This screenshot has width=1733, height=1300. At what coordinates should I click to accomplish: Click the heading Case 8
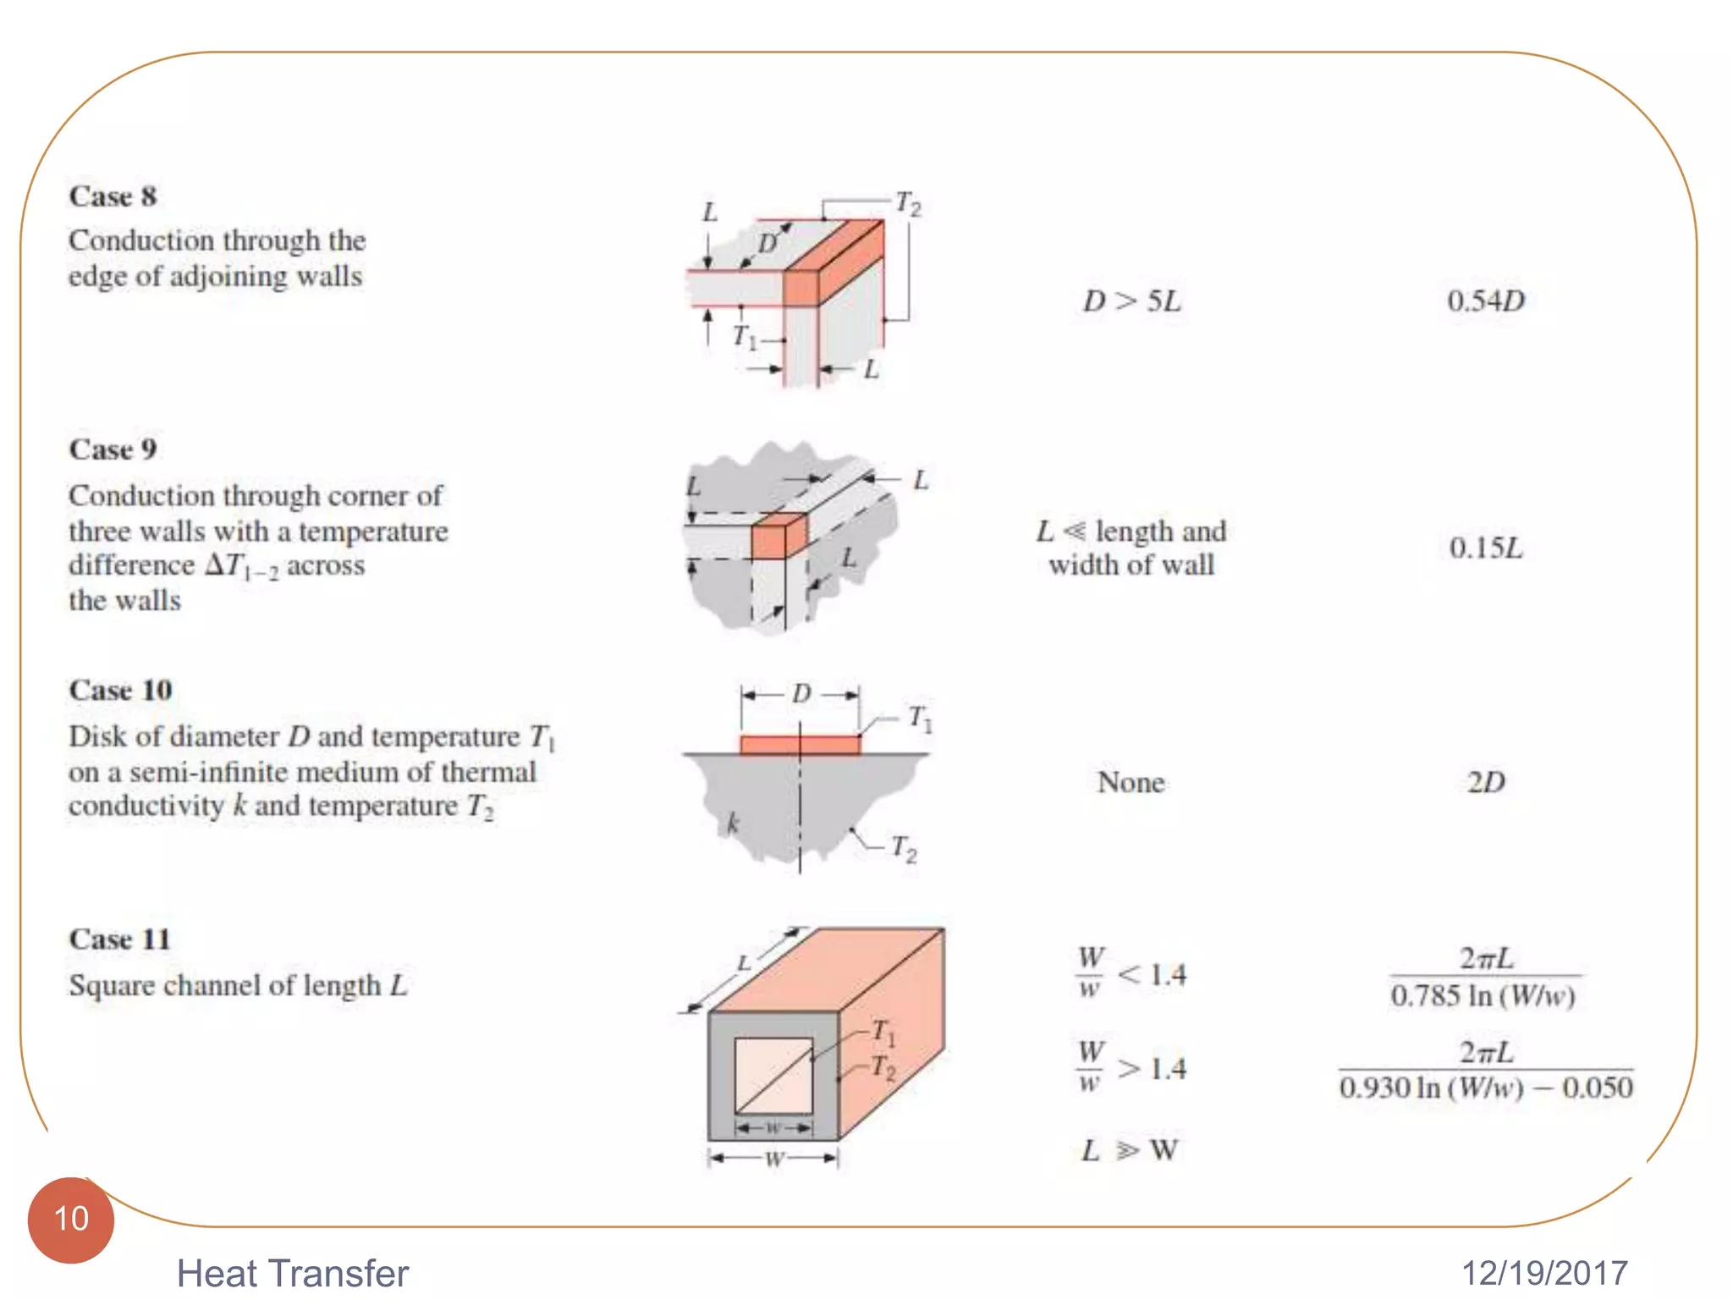click(x=113, y=196)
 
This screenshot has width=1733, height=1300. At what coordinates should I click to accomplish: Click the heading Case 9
click(x=113, y=449)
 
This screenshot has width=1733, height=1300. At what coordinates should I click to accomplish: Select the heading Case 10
click(x=120, y=690)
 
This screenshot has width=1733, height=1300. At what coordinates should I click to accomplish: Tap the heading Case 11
click(x=119, y=939)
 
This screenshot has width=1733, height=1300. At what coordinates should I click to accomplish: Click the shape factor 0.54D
click(x=1485, y=300)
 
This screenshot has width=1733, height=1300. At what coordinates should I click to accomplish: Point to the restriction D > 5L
click(x=1131, y=300)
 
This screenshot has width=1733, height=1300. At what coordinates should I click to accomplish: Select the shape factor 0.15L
click(x=1485, y=548)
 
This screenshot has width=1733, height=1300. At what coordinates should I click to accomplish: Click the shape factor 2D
click(x=1485, y=782)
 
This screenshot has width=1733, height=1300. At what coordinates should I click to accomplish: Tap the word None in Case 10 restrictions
click(x=1131, y=782)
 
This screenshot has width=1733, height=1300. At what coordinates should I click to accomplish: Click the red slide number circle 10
click(x=71, y=1220)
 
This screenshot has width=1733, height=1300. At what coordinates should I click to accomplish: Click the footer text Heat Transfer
click(x=292, y=1273)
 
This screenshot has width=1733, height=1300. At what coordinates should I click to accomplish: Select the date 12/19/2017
click(x=1544, y=1273)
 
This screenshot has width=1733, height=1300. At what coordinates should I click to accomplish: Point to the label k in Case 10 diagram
click(x=733, y=823)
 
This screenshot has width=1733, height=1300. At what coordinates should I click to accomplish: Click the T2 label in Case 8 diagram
click(x=908, y=204)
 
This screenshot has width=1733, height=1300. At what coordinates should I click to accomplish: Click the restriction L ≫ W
click(x=1130, y=1150)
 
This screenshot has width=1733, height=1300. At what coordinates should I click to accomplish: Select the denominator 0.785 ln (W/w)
click(x=1483, y=996)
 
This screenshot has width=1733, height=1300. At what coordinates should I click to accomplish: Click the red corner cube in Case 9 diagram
click(x=777, y=538)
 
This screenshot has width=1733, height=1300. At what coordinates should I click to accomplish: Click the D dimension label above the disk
click(x=800, y=694)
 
